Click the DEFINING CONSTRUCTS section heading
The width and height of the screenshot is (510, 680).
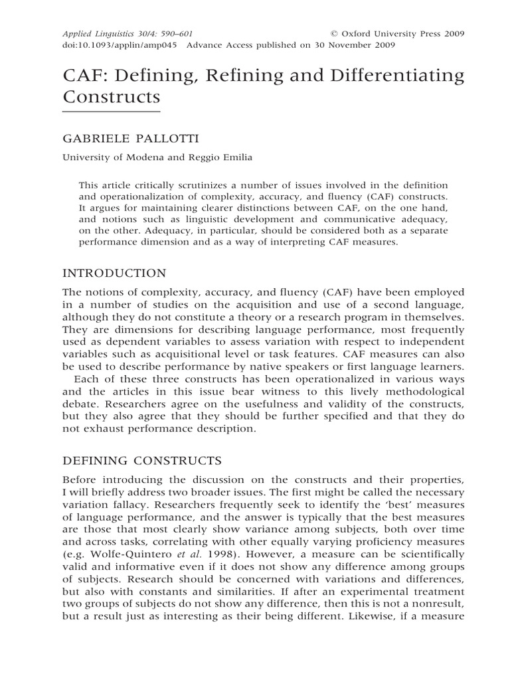[142, 460]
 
